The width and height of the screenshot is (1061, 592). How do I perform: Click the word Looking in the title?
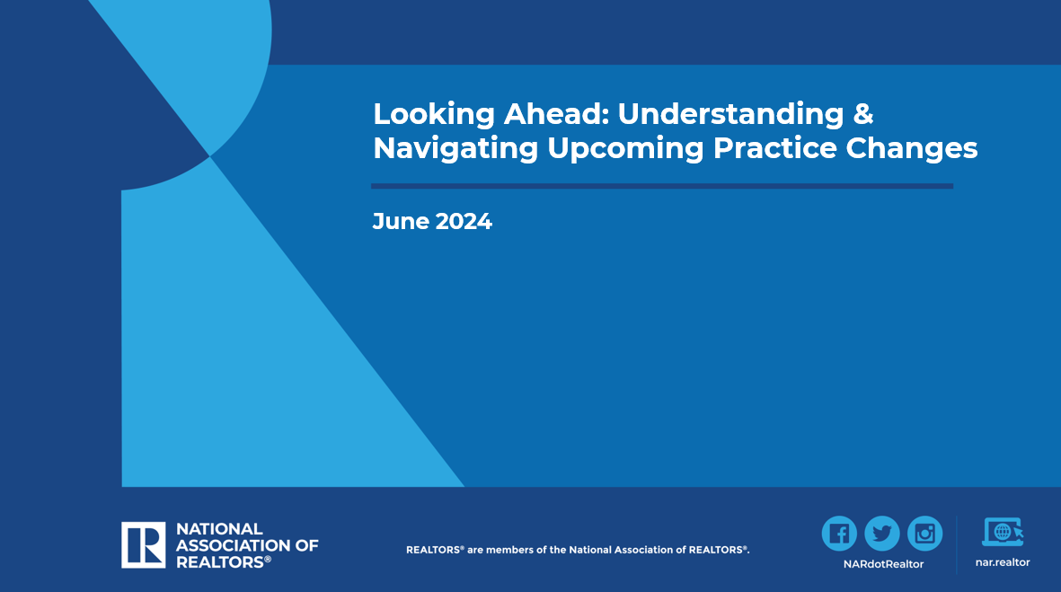tap(434, 114)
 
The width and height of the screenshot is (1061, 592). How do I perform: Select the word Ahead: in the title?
tap(557, 113)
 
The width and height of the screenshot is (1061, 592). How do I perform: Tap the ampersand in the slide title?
tap(863, 113)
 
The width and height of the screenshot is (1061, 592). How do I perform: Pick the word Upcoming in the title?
tap(626, 149)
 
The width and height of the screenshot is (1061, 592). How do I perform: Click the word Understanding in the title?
tap(730, 114)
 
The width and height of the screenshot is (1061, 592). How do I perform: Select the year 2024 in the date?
tap(464, 221)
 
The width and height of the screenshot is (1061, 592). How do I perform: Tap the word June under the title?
tap(401, 221)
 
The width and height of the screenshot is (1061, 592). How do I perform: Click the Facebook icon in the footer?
tap(839, 533)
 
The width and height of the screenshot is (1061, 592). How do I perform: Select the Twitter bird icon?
tap(881, 533)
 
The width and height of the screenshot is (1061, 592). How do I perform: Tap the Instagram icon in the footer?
tap(925, 533)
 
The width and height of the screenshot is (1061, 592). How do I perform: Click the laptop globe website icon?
tap(1003, 532)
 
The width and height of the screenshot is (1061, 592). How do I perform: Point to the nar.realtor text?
tap(1003, 562)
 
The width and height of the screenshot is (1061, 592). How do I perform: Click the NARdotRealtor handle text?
tap(883, 563)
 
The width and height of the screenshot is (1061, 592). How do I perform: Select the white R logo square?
tap(144, 544)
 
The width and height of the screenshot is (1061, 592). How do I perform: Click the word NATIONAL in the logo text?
tap(219, 529)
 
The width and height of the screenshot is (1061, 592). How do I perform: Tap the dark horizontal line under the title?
tap(662, 186)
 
